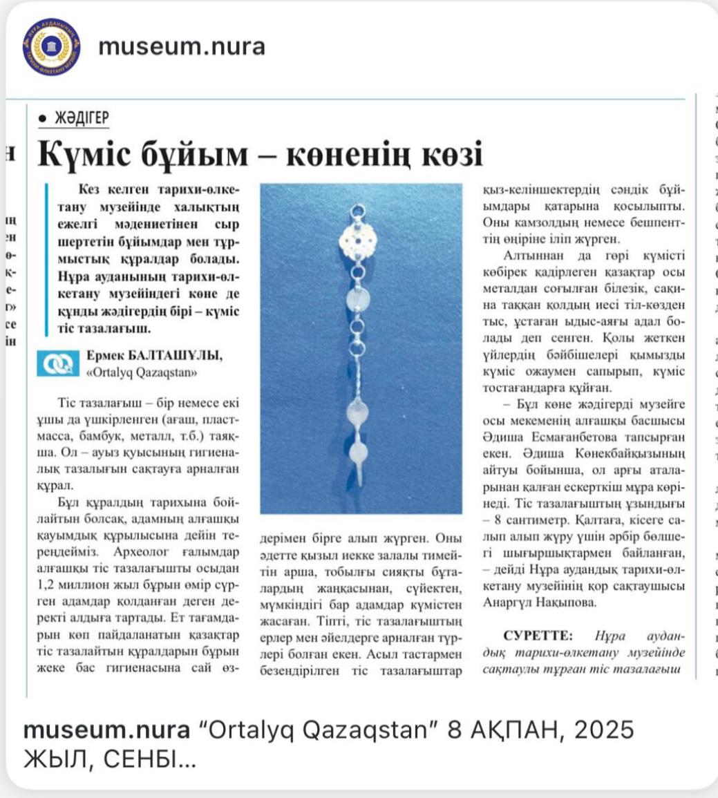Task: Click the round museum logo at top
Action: click(51, 47)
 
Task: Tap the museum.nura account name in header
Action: click(182, 47)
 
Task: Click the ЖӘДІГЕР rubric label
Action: click(82, 118)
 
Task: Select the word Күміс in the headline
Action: click(87, 155)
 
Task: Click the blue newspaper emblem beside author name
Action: click(58, 364)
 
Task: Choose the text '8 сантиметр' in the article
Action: click(537, 518)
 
